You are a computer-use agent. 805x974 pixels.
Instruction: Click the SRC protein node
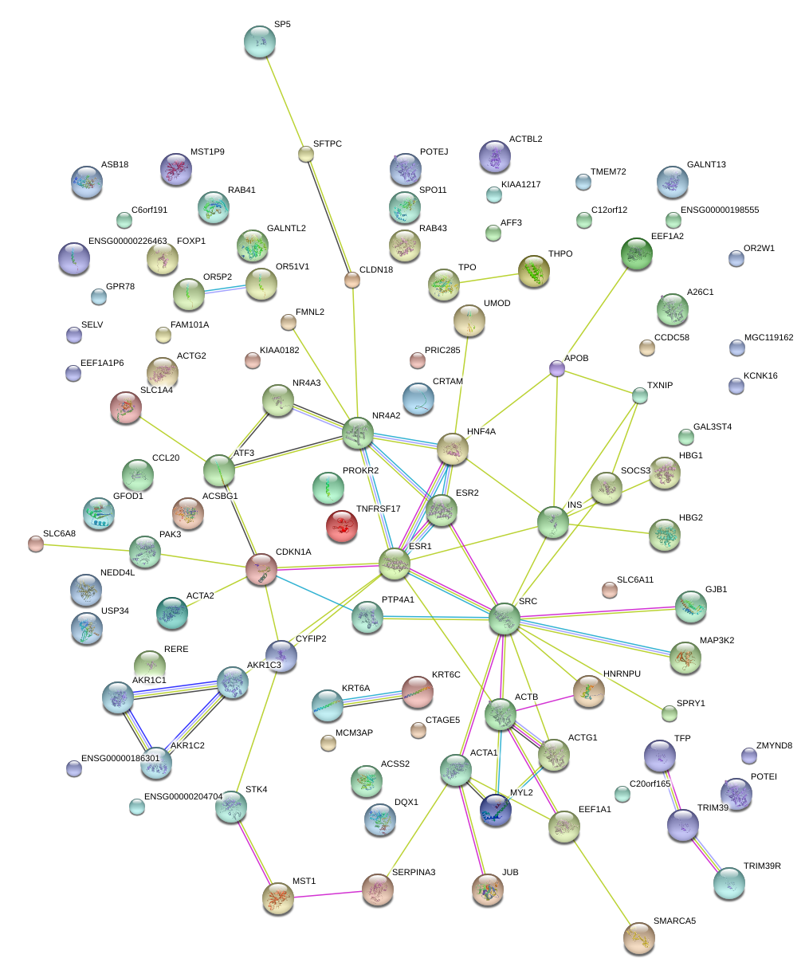pyautogui.click(x=504, y=619)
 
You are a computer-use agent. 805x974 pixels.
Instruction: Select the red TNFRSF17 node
pyautogui.click(x=343, y=526)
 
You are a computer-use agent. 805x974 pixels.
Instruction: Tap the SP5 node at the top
pyautogui.click(x=259, y=41)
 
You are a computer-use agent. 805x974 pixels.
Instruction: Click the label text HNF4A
pyautogui.click(x=481, y=432)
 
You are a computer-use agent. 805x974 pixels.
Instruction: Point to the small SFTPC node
pyautogui.click(x=306, y=154)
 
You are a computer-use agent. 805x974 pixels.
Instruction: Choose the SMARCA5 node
pyautogui.click(x=638, y=938)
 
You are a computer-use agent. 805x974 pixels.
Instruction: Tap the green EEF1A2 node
pyautogui.click(x=636, y=253)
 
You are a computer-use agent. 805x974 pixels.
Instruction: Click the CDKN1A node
pyautogui.click(x=261, y=568)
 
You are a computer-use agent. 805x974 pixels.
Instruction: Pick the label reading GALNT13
pyautogui.click(x=706, y=165)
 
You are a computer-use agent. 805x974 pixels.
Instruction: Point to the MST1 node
pyautogui.click(x=278, y=897)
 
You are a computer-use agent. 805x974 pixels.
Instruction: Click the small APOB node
pyautogui.click(x=557, y=368)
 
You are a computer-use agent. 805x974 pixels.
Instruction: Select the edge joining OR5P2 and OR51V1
pyautogui.click(x=225, y=289)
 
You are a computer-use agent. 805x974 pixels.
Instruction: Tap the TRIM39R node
pyautogui.click(x=728, y=883)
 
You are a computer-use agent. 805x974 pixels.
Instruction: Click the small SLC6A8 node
pyautogui.click(x=35, y=544)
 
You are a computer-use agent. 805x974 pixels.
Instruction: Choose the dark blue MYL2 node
pyautogui.click(x=495, y=810)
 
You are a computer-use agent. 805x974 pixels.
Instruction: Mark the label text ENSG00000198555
pyautogui.click(x=720, y=210)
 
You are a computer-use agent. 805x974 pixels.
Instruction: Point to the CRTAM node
pyautogui.click(x=418, y=399)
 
